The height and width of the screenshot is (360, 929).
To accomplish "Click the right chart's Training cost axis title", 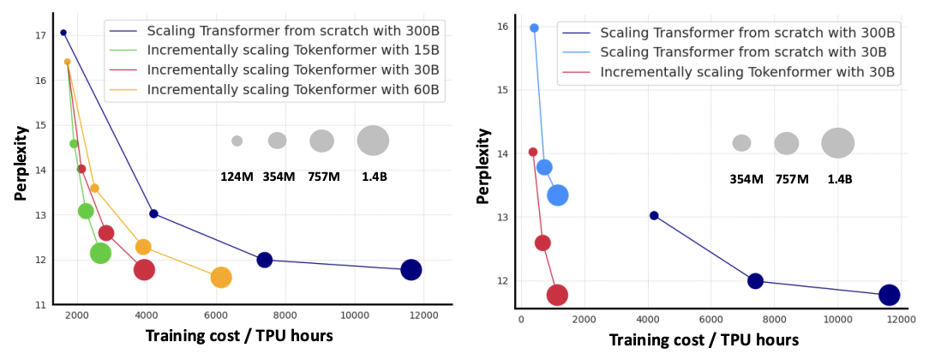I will [704, 340].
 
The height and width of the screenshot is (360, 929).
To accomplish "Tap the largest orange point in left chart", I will [220, 278].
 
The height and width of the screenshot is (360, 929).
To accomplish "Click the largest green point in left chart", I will [100, 253].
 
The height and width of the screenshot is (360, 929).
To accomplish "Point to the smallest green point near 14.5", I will [74, 144].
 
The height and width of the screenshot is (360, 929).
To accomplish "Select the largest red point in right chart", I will [557, 295].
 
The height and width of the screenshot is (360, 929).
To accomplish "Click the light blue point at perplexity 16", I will [534, 28].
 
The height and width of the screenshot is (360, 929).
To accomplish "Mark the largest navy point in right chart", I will [889, 295].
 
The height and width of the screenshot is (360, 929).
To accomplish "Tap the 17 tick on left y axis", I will [40, 36].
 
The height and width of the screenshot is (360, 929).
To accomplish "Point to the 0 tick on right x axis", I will [521, 319].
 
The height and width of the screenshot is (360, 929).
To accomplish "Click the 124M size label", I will [236, 177].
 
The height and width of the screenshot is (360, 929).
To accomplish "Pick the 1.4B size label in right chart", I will [840, 179].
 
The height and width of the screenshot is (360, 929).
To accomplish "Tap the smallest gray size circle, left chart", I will [237, 141].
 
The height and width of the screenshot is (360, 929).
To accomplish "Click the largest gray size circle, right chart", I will [837, 143].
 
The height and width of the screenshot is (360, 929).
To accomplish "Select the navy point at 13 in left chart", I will [153, 213].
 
